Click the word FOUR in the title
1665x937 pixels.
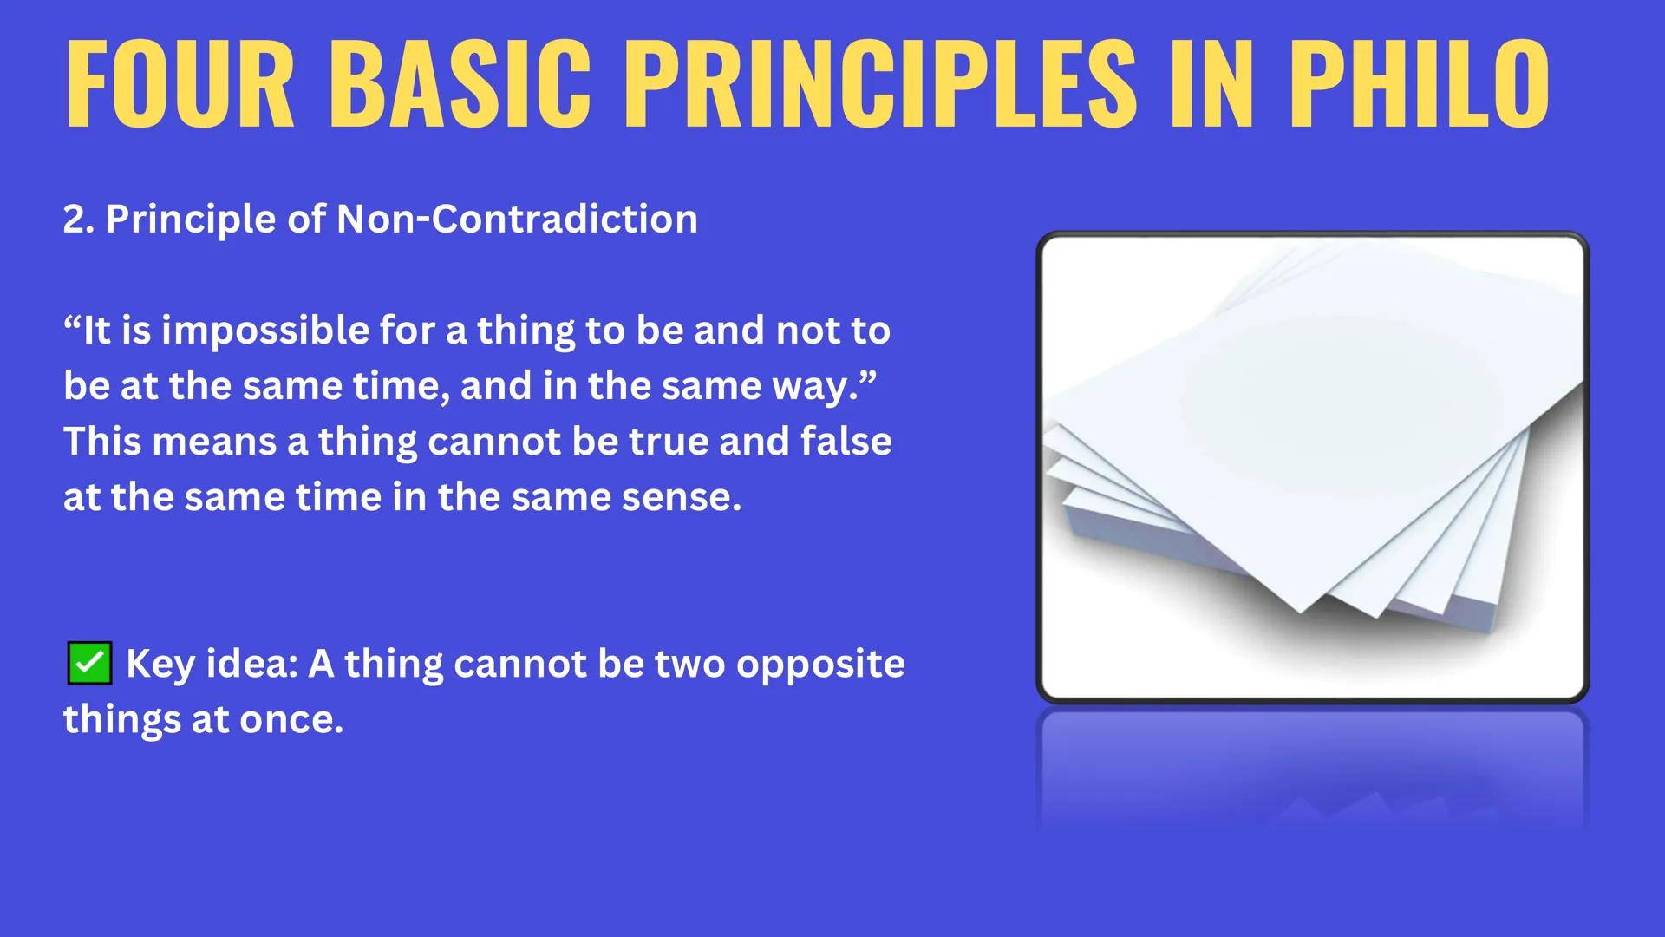pyautogui.click(x=180, y=84)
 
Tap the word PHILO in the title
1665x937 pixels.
pyautogui.click(x=1419, y=84)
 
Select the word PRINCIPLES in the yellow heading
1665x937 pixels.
pyautogui.click(x=879, y=84)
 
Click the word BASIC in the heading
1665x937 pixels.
pyautogui.click(x=460, y=84)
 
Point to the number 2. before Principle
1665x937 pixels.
pyautogui.click(x=78, y=220)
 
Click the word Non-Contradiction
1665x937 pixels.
pyautogui.click(x=517, y=220)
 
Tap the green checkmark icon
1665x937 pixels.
pyautogui.click(x=89, y=664)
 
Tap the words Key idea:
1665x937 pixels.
pyautogui.click(x=212, y=665)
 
